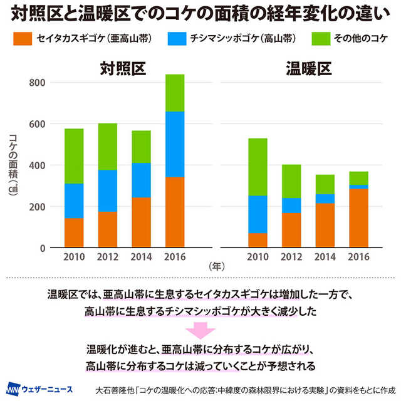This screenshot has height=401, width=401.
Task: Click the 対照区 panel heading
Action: pyautogui.click(x=125, y=67)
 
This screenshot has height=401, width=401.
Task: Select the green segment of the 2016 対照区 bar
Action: pyautogui.click(x=175, y=93)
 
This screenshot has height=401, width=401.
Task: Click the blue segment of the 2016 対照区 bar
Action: pyautogui.click(x=175, y=144)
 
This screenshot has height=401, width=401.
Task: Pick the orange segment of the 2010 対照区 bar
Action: pyautogui.click(x=74, y=232)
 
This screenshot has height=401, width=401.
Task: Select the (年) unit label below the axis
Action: pyautogui.click(x=216, y=266)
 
